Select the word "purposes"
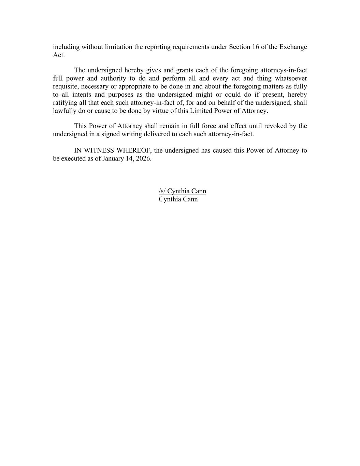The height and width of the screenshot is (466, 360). (120, 95)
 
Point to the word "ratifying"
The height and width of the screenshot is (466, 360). (65, 103)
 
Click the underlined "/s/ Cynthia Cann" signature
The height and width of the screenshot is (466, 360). (182, 191)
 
